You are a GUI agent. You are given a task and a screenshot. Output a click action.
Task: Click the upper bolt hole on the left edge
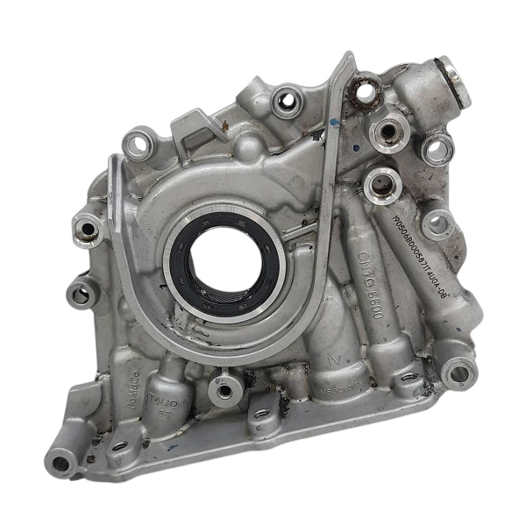(88, 230)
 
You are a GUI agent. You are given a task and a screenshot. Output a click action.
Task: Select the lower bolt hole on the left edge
(81, 292)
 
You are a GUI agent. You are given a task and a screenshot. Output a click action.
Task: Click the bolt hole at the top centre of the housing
(286, 102)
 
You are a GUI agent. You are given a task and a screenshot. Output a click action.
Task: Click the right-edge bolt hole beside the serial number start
(437, 224)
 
